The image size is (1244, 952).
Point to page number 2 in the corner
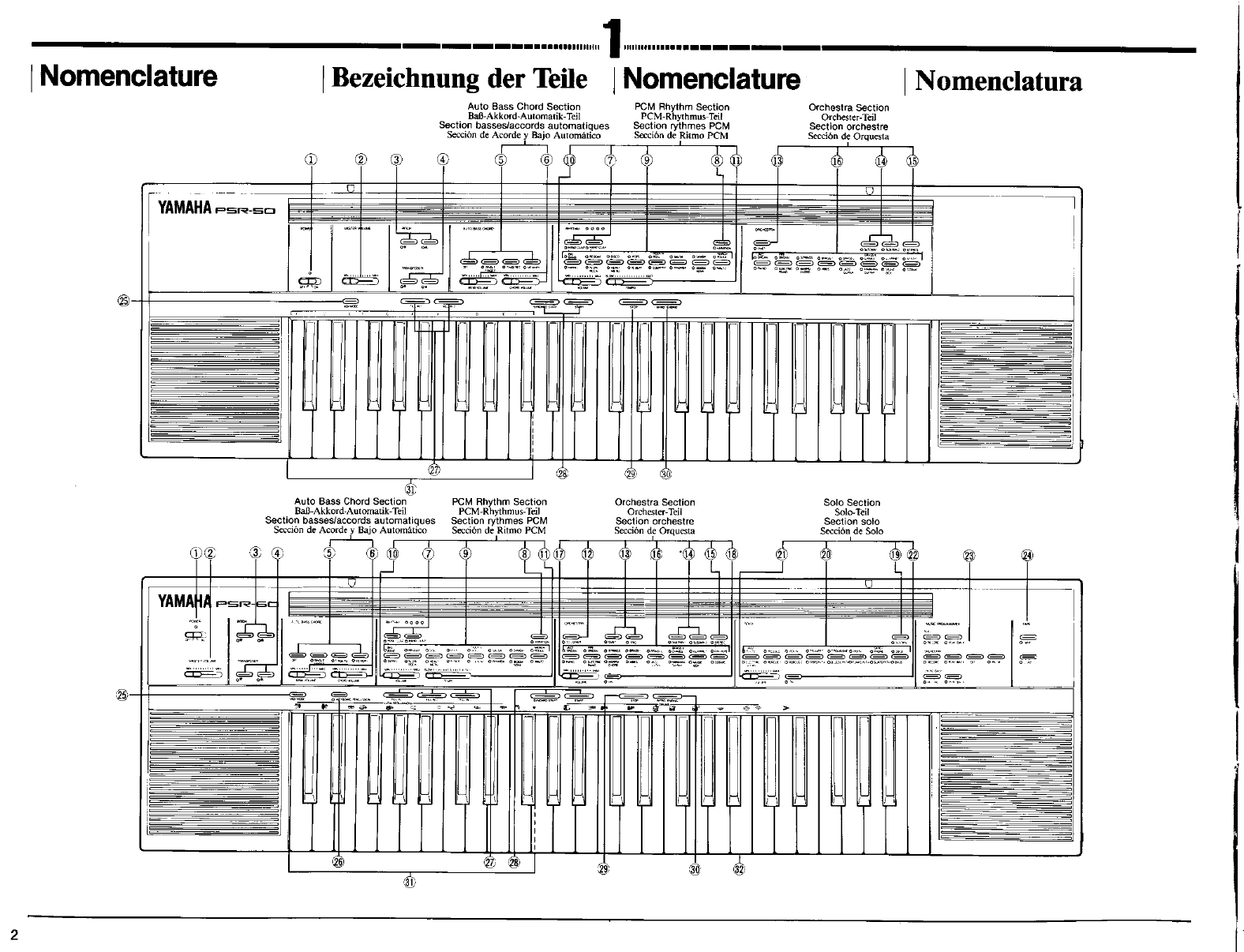(x=14, y=935)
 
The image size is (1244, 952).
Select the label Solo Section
(x=851, y=503)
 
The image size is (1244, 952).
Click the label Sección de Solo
(x=851, y=531)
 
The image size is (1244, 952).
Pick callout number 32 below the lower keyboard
(x=739, y=869)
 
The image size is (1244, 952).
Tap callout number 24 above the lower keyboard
(x=1027, y=555)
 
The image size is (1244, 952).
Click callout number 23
(x=969, y=555)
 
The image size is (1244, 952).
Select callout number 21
(x=781, y=553)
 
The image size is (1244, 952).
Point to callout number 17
(x=560, y=553)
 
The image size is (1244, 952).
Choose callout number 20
(x=826, y=553)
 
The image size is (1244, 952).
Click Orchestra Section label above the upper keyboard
(x=849, y=107)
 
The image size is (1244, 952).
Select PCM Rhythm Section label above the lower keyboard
(x=499, y=502)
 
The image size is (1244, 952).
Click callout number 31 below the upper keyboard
(x=410, y=489)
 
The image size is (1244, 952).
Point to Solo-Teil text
(x=851, y=512)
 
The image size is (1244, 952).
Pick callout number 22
(x=913, y=553)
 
